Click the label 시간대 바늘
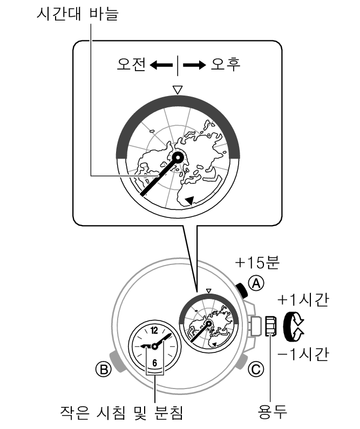tap(77, 14)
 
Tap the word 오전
tap(131, 65)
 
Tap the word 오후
tap(226, 65)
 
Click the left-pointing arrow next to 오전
tap(161, 65)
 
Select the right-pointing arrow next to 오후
tap(194, 65)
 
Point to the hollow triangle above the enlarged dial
tap(178, 90)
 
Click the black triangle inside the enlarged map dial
tap(190, 200)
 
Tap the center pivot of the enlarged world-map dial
tap(178, 158)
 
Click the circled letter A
tap(256, 283)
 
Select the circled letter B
tap(104, 370)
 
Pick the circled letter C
tap(256, 370)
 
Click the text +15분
tap(257, 263)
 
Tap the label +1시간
tap(303, 300)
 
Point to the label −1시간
tap(303, 355)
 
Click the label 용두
tap(273, 412)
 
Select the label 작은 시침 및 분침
tap(121, 413)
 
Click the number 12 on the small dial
tap(154, 330)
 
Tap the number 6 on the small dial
tap(154, 363)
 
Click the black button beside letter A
tap(242, 290)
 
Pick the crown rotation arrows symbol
tap(293, 326)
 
